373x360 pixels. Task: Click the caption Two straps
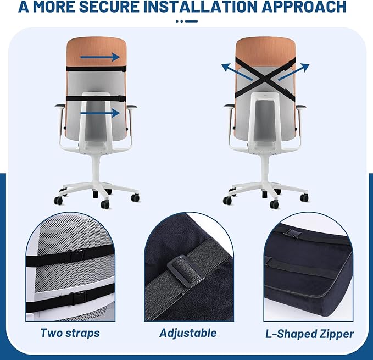(70, 333)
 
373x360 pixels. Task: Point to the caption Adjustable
(188, 333)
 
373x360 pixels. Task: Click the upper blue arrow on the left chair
(101, 57)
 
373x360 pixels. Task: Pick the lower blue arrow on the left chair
(100, 113)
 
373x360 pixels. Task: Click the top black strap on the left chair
(96, 69)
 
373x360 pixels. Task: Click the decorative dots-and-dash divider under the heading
(186, 21)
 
